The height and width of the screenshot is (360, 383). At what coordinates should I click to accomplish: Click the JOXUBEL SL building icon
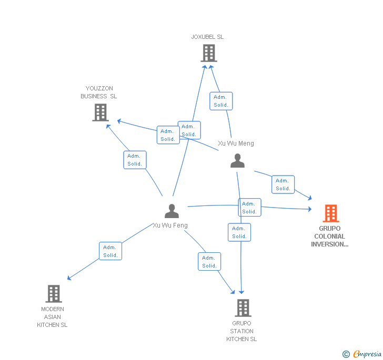tap(209, 53)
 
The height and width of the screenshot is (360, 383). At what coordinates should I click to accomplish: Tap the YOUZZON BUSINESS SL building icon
tap(100, 112)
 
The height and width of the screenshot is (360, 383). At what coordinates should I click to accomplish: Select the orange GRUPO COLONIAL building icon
tap(330, 213)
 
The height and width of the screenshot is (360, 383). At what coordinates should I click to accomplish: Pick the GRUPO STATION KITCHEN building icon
tap(243, 307)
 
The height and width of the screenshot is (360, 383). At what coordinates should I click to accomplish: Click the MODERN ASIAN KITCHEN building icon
tap(53, 293)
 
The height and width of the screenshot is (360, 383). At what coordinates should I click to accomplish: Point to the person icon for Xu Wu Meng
tap(237, 161)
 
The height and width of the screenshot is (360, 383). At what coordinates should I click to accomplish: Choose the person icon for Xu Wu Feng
tap(172, 211)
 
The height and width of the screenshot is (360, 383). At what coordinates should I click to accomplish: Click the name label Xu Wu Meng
tap(236, 143)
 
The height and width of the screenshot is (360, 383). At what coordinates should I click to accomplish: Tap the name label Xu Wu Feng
tap(170, 225)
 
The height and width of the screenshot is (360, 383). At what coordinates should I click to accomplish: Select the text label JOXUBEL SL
tap(207, 37)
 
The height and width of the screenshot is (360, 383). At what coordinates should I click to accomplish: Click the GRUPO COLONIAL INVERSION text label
tap(329, 236)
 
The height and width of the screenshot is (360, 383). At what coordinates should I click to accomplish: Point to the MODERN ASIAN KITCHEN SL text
tap(52, 317)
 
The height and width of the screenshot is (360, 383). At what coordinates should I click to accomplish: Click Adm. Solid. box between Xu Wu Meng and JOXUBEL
tap(221, 101)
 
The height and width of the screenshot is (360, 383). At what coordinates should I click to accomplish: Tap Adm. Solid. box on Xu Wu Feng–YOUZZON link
tap(135, 160)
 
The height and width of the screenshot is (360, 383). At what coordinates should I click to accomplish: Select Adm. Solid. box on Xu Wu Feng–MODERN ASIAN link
tap(110, 251)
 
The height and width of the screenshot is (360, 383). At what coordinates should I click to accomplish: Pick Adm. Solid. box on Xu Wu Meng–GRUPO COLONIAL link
tap(283, 184)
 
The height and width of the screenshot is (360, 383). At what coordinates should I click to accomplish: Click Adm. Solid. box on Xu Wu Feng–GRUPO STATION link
tap(209, 262)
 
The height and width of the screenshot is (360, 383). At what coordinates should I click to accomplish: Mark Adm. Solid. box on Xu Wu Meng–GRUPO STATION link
tap(239, 232)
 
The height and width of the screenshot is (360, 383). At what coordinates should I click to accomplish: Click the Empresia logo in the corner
tap(367, 354)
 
